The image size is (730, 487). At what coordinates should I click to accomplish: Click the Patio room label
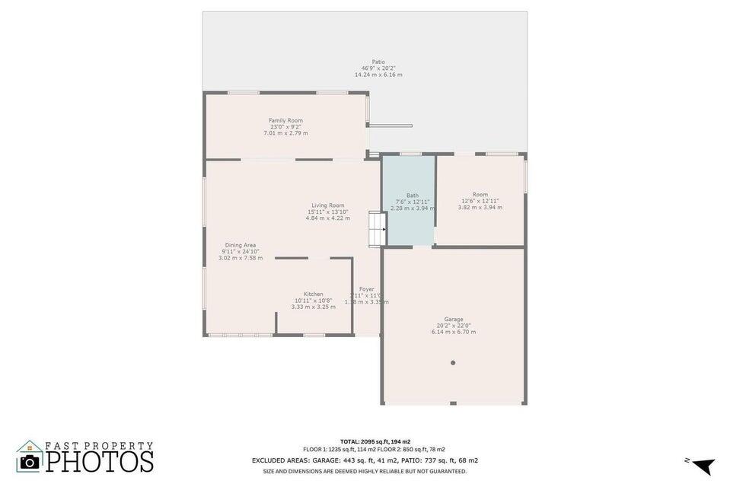click(x=378, y=62)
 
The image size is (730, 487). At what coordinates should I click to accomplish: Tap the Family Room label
click(x=285, y=120)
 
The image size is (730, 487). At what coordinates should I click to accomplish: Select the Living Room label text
click(x=328, y=205)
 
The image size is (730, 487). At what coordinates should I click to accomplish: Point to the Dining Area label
click(x=240, y=245)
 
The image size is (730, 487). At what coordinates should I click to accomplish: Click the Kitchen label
click(x=314, y=294)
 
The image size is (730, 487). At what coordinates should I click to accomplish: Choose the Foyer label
click(x=367, y=289)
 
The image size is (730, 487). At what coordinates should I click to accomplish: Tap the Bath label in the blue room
click(x=412, y=195)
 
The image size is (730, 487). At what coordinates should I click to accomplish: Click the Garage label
click(x=454, y=319)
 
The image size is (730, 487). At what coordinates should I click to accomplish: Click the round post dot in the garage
click(x=453, y=363)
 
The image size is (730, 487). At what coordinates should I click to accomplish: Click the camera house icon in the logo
click(x=30, y=457)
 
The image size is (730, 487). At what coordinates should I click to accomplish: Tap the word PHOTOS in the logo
click(x=100, y=461)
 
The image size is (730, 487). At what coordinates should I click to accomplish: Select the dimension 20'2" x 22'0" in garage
click(x=454, y=326)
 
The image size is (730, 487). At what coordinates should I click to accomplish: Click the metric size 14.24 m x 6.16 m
click(x=378, y=75)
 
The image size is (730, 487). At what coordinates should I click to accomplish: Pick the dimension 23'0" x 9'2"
click(x=285, y=127)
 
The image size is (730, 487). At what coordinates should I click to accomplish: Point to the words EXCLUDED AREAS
click(x=281, y=460)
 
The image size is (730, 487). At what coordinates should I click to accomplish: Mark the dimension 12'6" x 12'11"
click(x=480, y=201)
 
